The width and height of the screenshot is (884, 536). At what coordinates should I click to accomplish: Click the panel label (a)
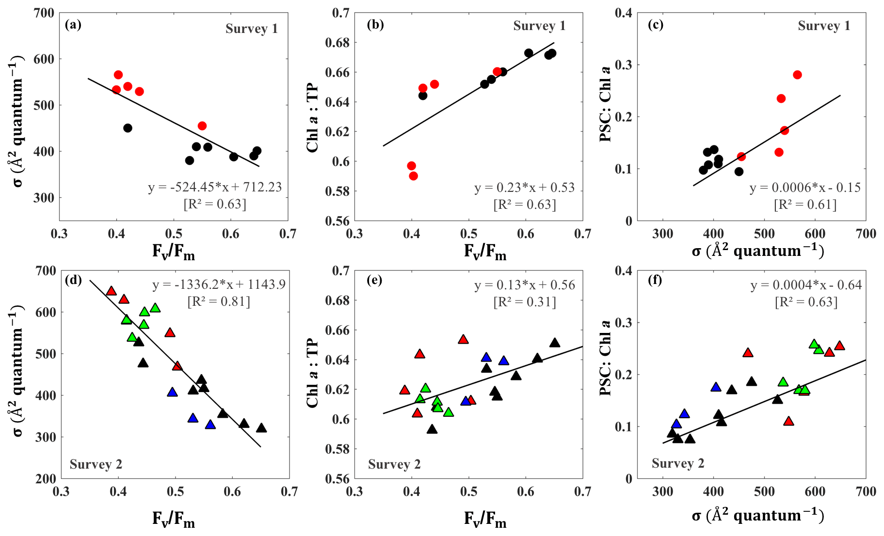click(x=73, y=25)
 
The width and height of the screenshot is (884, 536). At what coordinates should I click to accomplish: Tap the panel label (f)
click(x=655, y=280)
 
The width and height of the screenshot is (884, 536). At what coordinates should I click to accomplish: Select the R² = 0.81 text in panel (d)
click(x=219, y=302)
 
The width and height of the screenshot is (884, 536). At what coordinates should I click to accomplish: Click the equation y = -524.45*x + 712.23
click(x=215, y=187)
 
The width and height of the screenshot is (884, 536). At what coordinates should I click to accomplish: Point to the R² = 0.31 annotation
click(x=525, y=302)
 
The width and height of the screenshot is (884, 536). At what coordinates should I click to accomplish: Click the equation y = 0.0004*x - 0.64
click(x=806, y=285)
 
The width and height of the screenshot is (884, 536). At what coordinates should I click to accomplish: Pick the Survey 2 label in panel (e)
click(x=394, y=464)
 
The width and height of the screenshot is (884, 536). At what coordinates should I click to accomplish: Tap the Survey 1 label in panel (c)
click(x=824, y=26)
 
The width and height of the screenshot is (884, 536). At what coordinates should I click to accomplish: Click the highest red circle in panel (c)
click(x=797, y=75)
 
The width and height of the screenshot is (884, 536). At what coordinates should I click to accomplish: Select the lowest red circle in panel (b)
click(x=413, y=176)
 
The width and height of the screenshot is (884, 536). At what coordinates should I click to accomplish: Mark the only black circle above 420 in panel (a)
click(x=128, y=128)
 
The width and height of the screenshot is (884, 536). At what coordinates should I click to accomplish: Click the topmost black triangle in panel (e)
click(x=555, y=343)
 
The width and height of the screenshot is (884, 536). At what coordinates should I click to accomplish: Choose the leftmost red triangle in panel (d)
click(x=111, y=291)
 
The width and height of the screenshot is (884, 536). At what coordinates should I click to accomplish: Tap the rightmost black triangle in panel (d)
click(x=261, y=428)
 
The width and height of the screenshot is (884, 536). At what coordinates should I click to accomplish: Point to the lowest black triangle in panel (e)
click(x=432, y=429)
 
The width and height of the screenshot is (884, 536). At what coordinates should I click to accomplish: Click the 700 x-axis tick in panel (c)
click(x=866, y=234)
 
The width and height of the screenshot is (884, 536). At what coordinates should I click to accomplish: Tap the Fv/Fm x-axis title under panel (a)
click(x=173, y=252)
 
